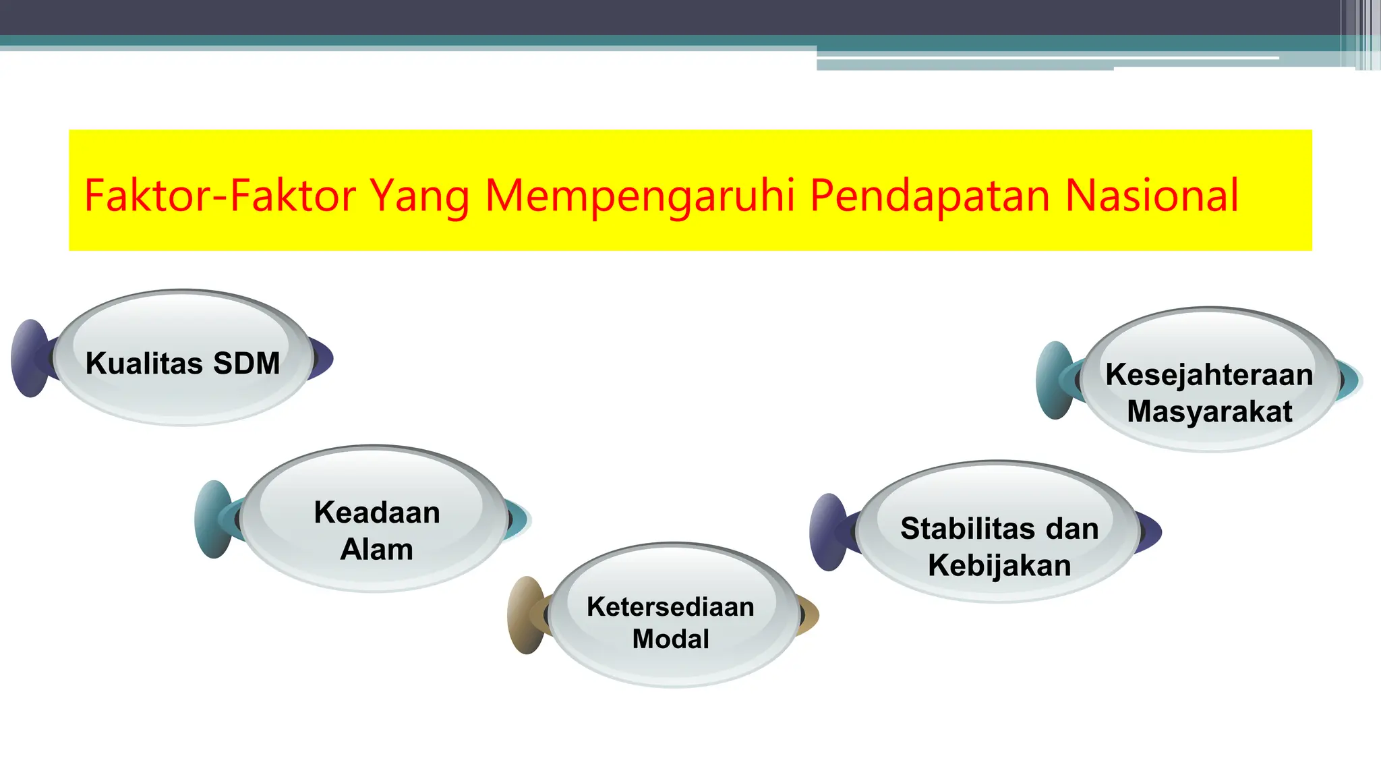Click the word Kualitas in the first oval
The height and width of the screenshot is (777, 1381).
click(x=144, y=364)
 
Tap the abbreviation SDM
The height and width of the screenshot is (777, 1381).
click(x=246, y=364)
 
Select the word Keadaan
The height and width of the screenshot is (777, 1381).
click(x=377, y=513)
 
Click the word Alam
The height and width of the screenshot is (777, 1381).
click(x=376, y=549)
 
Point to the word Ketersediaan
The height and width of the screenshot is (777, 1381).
click(x=670, y=607)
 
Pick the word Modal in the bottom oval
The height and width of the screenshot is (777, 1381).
click(x=670, y=639)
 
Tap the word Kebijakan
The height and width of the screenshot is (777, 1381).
click(x=999, y=565)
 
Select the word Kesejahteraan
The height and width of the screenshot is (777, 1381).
click(x=1209, y=375)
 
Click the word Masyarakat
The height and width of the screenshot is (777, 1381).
click(x=1209, y=411)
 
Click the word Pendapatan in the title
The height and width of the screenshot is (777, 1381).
click(x=930, y=196)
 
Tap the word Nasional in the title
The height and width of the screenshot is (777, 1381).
click(x=1152, y=196)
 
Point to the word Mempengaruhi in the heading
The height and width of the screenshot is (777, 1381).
click(x=640, y=196)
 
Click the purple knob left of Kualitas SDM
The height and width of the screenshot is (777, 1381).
click(x=29, y=358)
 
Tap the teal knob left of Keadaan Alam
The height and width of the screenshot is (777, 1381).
click(x=212, y=519)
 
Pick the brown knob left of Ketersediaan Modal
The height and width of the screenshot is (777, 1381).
click(x=525, y=615)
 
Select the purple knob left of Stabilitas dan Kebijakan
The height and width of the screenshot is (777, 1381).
click(x=827, y=532)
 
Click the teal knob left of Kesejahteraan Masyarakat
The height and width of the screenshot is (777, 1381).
click(x=1054, y=380)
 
